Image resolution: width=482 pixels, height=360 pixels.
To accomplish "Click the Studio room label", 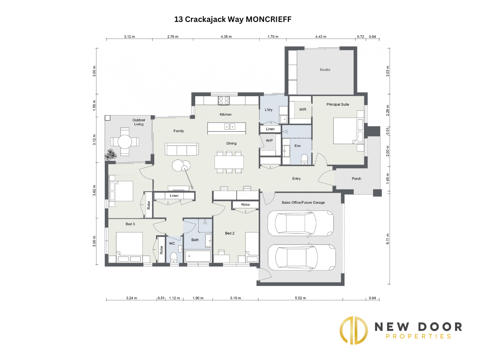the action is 325,70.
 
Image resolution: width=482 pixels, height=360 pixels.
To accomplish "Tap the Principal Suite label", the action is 337,104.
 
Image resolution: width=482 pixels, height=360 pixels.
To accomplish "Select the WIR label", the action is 302,109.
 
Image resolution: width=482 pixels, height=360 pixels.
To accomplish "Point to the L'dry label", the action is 268,110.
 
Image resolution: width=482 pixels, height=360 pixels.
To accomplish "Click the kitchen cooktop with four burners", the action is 224,101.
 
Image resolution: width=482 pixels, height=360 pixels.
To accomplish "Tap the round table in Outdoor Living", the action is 125,142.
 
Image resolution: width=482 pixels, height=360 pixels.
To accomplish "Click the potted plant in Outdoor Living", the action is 110,155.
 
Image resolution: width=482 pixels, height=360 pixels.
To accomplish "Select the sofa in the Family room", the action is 182,149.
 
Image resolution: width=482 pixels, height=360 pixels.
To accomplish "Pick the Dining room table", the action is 229,162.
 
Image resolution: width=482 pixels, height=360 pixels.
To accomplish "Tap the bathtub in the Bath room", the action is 198,256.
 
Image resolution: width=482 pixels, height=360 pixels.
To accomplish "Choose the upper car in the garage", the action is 301,223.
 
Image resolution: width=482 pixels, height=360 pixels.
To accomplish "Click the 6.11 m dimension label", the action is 388,239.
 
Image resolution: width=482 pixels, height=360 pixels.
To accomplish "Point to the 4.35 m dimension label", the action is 226,36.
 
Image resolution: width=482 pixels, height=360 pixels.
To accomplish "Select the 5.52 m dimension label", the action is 300,298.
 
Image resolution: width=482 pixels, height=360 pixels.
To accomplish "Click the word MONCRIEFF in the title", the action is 268,19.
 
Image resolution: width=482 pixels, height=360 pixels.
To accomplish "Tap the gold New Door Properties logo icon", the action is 354,331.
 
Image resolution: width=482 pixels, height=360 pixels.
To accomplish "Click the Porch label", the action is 356,179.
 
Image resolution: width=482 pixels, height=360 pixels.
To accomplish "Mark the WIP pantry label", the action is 269,140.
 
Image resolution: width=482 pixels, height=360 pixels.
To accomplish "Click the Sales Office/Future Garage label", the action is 303,203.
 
